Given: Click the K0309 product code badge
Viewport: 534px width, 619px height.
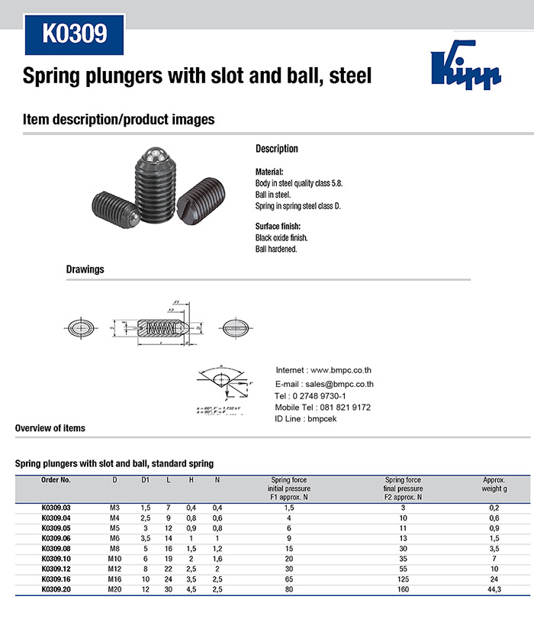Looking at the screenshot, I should (74, 34).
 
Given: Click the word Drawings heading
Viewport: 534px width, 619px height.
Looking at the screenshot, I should (85, 269).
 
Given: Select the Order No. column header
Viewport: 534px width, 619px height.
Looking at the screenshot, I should (55, 480).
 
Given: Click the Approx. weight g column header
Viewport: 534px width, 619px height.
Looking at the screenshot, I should (494, 484).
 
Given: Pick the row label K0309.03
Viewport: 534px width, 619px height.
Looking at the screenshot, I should (56, 508).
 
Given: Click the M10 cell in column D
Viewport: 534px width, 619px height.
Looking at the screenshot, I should (115, 558).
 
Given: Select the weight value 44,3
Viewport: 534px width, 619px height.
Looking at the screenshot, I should (494, 589).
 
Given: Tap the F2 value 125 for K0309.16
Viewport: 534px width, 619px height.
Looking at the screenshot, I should (404, 579).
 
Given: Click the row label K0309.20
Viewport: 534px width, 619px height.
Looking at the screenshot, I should (56, 589).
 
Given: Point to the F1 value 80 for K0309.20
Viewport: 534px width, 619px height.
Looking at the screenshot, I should (288, 589).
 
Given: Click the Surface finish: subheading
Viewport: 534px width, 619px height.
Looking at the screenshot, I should (278, 227).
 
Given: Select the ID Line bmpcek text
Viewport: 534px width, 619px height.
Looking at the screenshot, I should (305, 419).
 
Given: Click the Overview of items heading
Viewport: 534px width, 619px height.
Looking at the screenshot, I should (50, 428).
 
